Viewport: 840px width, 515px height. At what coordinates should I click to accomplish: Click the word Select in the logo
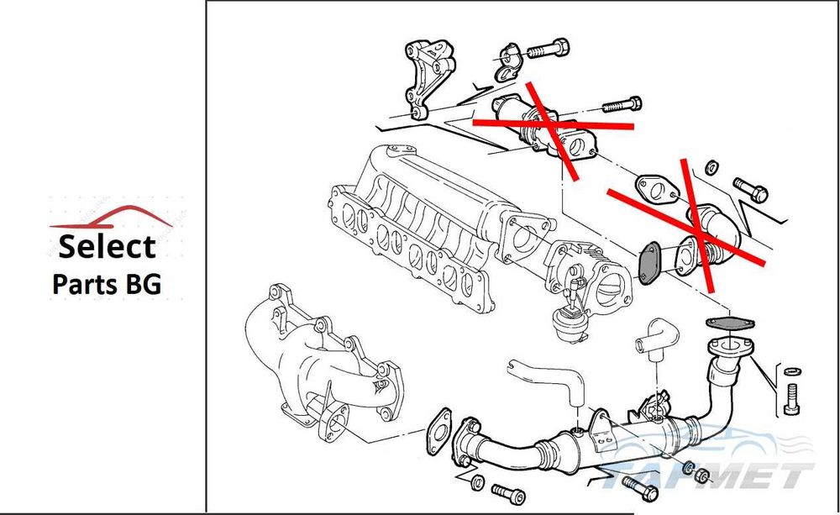(107, 247)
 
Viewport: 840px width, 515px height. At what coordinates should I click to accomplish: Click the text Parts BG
(107, 283)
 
